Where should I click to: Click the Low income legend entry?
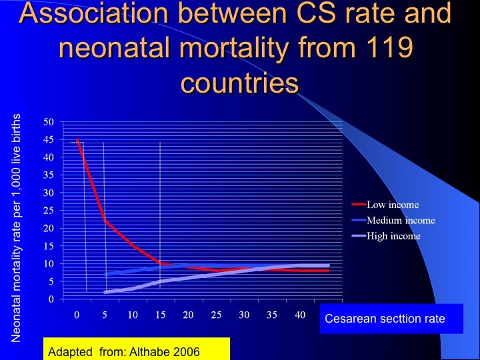[385, 205]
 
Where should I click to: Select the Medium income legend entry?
[393, 220]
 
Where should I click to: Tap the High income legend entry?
[386, 236]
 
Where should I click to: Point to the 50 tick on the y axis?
[49, 122]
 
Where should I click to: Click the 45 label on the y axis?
[49, 139]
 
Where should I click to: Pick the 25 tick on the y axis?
[49, 210]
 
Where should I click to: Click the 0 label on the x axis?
[77, 315]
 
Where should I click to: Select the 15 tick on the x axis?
[161, 315]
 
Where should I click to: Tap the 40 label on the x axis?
[300, 315]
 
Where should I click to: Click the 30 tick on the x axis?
[244, 315]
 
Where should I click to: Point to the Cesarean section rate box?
[391, 319]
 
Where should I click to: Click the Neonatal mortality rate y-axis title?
[16, 228]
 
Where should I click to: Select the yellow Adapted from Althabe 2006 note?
[137, 349]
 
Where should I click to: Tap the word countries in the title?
[240, 83]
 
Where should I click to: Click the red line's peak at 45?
[77, 139]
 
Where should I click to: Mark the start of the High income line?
[105, 292]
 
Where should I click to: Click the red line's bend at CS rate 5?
[105, 221]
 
